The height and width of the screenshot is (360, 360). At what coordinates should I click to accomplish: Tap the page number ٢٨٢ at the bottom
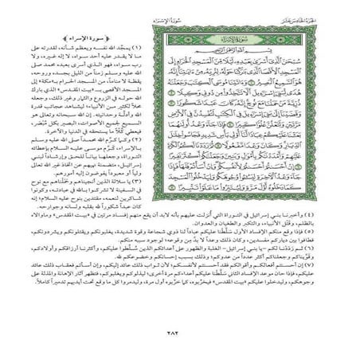(180, 332)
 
